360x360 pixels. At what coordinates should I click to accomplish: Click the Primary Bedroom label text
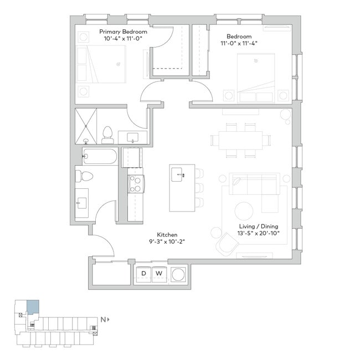click(x=123, y=32)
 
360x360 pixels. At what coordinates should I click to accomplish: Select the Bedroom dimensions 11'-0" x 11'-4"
click(x=239, y=44)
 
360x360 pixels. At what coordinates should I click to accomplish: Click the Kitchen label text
click(x=167, y=235)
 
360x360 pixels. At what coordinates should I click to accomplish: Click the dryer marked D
click(x=143, y=274)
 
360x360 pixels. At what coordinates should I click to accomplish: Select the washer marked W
click(x=158, y=274)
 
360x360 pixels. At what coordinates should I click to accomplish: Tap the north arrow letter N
click(x=102, y=320)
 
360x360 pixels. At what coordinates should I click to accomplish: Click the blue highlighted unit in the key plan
click(x=33, y=306)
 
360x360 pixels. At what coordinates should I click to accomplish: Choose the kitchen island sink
click(x=178, y=175)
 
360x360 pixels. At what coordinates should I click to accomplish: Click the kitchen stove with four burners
click(x=136, y=184)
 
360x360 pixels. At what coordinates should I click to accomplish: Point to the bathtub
click(x=100, y=157)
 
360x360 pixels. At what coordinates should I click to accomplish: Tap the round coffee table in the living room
click(x=244, y=211)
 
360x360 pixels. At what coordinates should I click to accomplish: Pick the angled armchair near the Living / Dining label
click(x=226, y=244)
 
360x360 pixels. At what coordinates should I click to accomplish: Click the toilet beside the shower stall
click(x=107, y=132)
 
